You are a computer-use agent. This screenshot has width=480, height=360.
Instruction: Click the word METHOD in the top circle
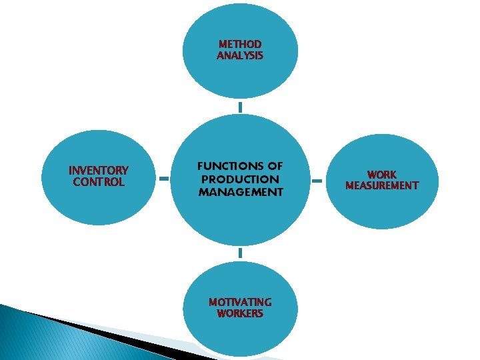240,45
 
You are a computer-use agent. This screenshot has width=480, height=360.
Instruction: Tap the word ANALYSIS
240,56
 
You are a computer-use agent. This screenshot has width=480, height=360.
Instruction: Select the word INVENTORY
99,171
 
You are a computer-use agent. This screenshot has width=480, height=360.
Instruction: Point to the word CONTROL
99,182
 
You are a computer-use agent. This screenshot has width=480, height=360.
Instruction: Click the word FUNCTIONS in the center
221,166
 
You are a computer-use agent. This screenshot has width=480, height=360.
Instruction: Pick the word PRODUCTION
240,179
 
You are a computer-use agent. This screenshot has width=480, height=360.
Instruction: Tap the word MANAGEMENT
240,192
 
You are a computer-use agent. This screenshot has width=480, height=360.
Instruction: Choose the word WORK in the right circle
382,175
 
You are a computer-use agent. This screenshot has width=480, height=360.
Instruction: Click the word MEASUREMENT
382,186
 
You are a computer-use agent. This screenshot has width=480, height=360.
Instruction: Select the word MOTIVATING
240,302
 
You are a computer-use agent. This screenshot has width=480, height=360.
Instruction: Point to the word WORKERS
240,313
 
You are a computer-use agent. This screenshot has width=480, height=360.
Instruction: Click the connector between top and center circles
240,107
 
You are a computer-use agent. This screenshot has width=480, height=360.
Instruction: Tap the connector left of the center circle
164,179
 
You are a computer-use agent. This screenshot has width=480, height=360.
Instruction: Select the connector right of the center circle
318,179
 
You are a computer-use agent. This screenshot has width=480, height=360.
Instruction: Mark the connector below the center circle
240,253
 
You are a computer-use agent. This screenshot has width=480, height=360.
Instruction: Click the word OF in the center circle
275,166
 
